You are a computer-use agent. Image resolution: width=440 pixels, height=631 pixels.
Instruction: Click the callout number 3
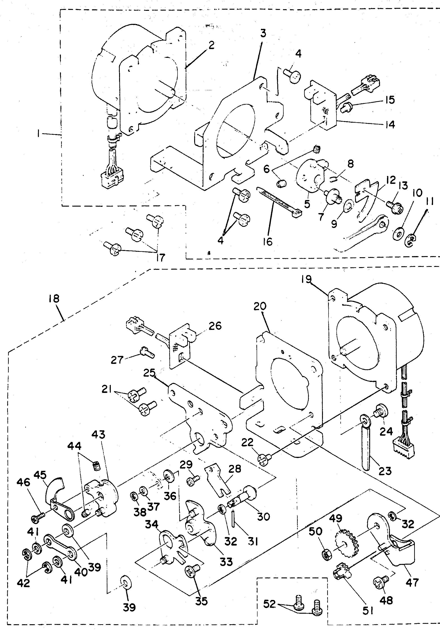pyautogui.click(x=263, y=34)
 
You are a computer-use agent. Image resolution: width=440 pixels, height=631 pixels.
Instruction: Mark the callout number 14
pyautogui.click(x=389, y=124)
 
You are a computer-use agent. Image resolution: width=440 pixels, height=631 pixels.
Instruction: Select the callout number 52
pyautogui.click(x=269, y=605)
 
